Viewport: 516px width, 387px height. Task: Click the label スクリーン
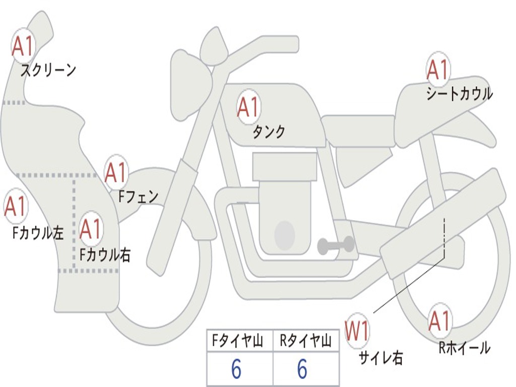48,70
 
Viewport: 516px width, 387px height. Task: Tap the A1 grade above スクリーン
23,46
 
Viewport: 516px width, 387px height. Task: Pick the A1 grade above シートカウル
437,70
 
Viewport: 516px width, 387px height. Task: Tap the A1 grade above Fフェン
116,172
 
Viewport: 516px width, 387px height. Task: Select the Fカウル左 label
38,232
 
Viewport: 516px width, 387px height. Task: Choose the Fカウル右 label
105,255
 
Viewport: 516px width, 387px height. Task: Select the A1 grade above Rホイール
440,321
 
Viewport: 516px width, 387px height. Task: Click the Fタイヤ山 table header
237,342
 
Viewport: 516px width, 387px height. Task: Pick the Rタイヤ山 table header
305,342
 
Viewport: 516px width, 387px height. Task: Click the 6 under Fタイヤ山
236,370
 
